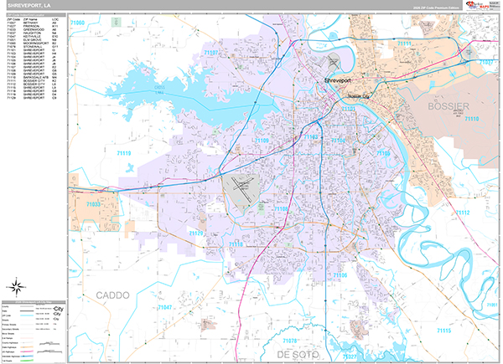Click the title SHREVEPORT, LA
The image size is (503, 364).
pyautogui.click(x=30, y=7)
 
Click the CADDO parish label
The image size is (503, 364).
pyautogui.click(x=114, y=295)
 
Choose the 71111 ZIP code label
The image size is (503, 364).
pyautogui.click(x=407, y=43)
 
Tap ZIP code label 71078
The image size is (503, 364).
pyautogui.click(x=289, y=342)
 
